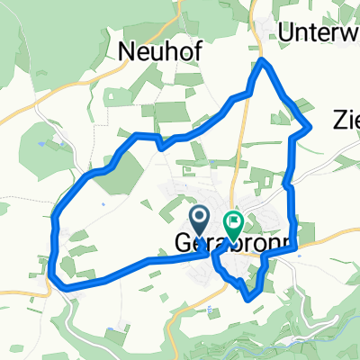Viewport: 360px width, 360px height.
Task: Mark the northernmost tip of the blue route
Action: pyautogui.click(x=261, y=60)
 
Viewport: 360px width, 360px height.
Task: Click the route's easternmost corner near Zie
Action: pyautogui.click(x=310, y=127)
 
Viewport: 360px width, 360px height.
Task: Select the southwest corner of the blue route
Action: pyautogui.click(x=61, y=286)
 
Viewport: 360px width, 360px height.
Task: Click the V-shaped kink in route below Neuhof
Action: pyautogui.click(x=158, y=144)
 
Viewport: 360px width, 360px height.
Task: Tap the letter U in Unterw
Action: pyautogui.click(x=286, y=31)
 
